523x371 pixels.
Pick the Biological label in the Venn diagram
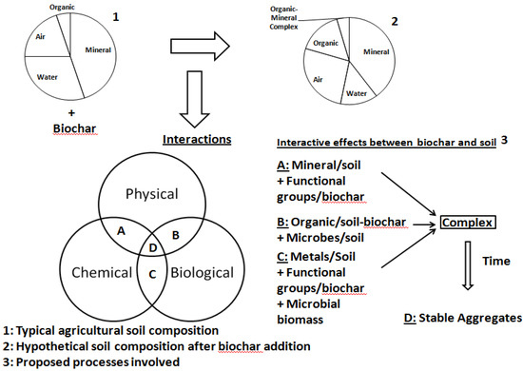pos(202,273)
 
